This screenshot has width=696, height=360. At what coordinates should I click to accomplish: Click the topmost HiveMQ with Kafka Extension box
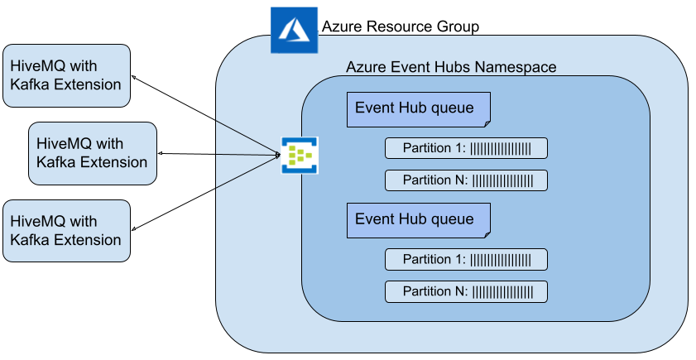click(66, 75)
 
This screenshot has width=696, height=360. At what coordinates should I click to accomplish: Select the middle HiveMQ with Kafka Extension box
click(93, 153)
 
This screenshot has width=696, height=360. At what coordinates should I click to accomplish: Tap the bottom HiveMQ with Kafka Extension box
click(66, 231)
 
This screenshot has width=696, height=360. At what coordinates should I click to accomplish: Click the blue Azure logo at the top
click(293, 31)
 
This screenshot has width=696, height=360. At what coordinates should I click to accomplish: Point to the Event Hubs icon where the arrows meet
click(299, 155)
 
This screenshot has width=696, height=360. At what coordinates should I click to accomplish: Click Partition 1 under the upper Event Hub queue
click(466, 149)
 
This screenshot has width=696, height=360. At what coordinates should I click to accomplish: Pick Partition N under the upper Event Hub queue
click(466, 180)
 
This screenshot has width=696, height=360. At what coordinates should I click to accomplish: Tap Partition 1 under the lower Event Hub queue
click(466, 259)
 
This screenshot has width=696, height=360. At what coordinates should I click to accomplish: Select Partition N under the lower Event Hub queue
click(466, 291)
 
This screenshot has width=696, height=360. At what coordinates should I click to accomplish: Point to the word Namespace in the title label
click(516, 67)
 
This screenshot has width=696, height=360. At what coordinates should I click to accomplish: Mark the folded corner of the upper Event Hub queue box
click(486, 122)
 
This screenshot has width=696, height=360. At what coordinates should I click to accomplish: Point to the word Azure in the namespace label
click(363, 67)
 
